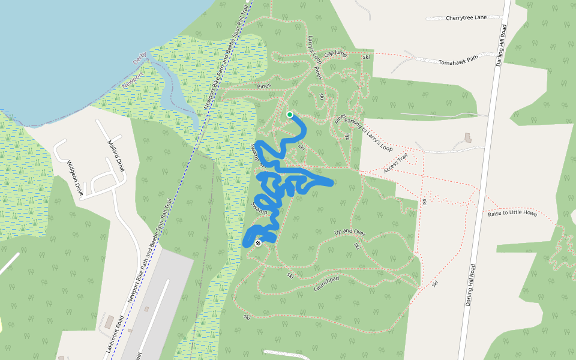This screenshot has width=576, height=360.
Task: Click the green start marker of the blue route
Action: click(x=290, y=114)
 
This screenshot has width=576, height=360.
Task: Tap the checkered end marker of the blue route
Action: click(x=258, y=243)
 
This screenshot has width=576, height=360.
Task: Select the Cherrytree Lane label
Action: click(x=466, y=18)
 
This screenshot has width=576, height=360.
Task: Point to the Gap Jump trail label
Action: click(x=335, y=55)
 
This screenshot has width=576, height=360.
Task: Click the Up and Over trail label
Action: click(x=350, y=232)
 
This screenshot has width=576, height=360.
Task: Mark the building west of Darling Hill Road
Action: click(x=467, y=137)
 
